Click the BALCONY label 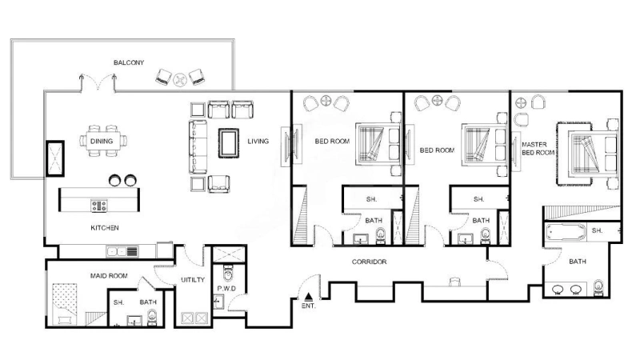(x=128, y=62)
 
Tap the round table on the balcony (x=180, y=78)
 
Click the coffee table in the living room (x=230, y=142)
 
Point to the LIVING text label (x=258, y=142)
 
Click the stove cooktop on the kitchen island (x=99, y=206)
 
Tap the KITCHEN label (x=104, y=228)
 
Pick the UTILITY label (x=194, y=280)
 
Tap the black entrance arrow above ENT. (x=308, y=296)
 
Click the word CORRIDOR (x=369, y=262)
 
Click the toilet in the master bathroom (x=599, y=287)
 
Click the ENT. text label (x=308, y=306)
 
